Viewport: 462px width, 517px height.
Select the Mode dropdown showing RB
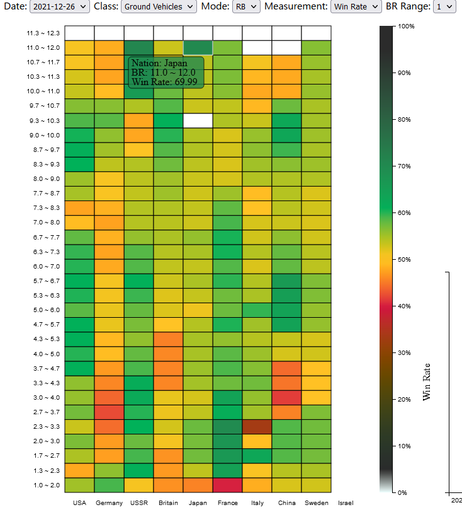(x=245, y=6)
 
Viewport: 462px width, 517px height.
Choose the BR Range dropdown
(x=444, y=6)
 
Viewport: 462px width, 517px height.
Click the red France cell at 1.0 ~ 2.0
(x=228, y=485)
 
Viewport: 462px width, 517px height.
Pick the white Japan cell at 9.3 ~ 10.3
(x=198, y=120)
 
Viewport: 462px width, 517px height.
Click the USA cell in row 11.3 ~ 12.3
(x=79, y=33)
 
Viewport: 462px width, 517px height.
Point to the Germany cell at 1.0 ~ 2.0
(x=109, y=485)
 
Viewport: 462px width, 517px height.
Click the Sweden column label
(x=316, y=503)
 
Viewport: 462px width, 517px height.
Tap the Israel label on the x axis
(x=346, y=503)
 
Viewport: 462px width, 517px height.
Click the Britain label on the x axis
(x=169, y=503)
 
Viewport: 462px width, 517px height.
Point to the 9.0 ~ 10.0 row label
(x=43, y=135)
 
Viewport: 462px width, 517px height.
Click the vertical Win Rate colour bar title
(x=427, y=381)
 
